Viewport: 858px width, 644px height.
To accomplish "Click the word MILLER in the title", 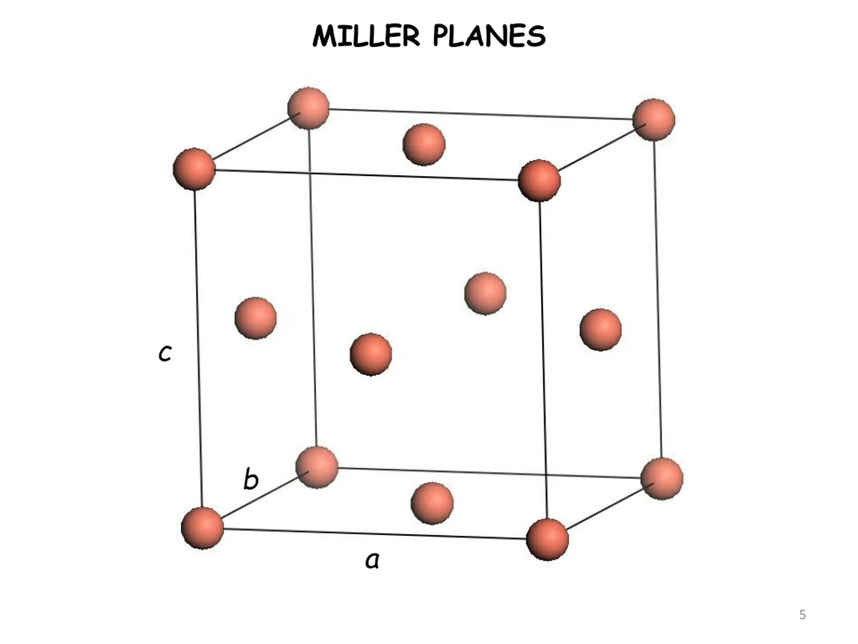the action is point(366,36).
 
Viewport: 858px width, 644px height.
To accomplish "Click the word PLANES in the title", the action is point(489,36).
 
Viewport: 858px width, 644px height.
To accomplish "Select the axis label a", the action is point(372,560).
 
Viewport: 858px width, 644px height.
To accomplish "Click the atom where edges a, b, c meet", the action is point(202,528).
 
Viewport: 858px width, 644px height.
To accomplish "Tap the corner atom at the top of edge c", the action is point(194,169).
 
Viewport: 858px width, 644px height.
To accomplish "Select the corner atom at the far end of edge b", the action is point(316,467).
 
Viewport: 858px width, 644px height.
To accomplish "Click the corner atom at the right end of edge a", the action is point(547,539).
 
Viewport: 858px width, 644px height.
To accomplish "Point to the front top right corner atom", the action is point(539,180).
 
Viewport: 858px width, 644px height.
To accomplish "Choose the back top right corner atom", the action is point(654,119).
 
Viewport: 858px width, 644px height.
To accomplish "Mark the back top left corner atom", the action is point(308,108).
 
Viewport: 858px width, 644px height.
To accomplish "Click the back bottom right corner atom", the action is point(662,478).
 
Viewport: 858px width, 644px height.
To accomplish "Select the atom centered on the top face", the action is point(424,145).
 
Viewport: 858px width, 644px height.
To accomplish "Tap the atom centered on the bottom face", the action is point(432,503).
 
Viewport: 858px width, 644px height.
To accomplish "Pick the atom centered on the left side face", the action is point(256,318).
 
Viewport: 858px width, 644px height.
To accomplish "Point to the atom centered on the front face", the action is point(371,354).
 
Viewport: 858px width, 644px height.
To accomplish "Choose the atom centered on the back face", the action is point(485,293).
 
